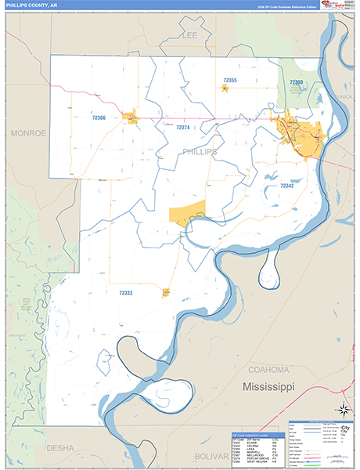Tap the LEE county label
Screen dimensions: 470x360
click(189, 36)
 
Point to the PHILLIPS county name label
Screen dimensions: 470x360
click(199, 150)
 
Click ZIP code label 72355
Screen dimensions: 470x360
click(229, 81)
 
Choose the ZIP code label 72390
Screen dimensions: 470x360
click(296, 82)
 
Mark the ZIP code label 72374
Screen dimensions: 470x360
click(182, 127)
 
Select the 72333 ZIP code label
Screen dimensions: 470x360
click(126, 293)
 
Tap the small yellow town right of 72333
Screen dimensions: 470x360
click(166, 293)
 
